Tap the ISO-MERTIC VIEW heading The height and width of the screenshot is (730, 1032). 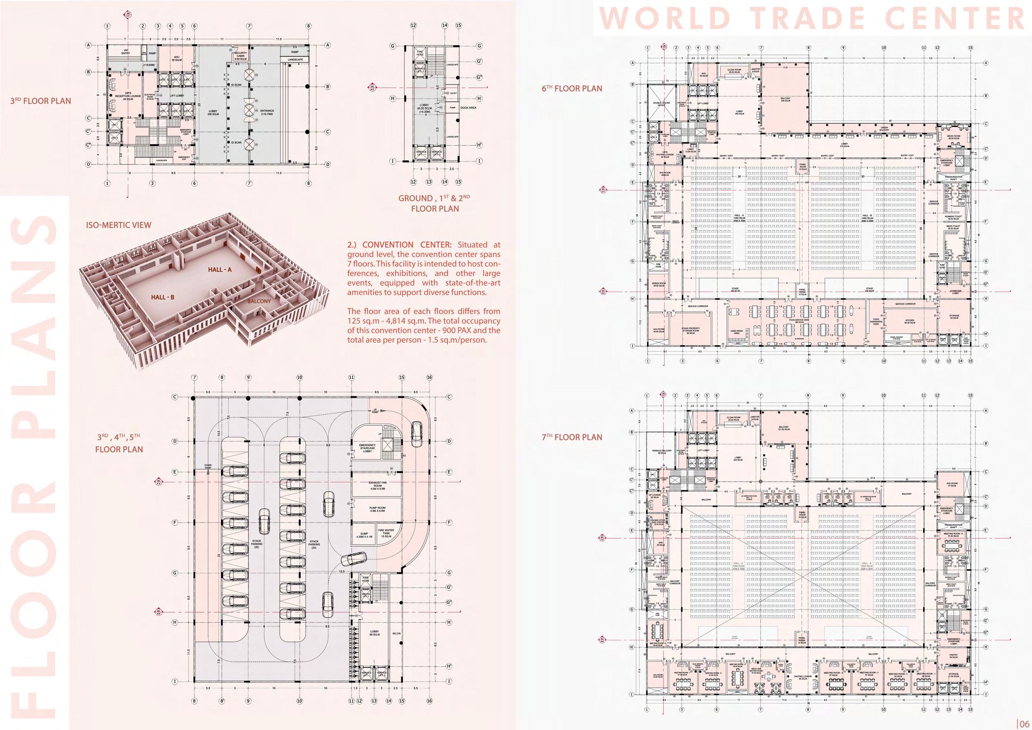pyautogui.click(x=119, y=225)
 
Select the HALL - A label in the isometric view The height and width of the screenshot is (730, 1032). pyautogui.click(x=220, y=270)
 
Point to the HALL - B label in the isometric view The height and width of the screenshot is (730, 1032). pyautogui.click(x=162, y=297)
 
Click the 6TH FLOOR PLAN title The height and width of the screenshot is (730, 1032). pyautogui.click(x=572, y=88)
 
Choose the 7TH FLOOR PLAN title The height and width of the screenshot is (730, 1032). pyautogui.click(x=572, y=437)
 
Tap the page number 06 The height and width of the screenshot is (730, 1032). pyautogui.click(x=1025, y=724)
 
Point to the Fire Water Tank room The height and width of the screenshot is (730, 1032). pyautogui.click(x=386, y=533)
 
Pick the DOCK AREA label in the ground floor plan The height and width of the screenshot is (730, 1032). pyautogui.click(x=468, y=108)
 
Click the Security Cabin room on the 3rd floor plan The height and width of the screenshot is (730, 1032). pyautogui.click(x=240, y=56)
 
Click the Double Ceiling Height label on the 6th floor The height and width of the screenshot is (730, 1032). pyautogui.click(x=661, y=104)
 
